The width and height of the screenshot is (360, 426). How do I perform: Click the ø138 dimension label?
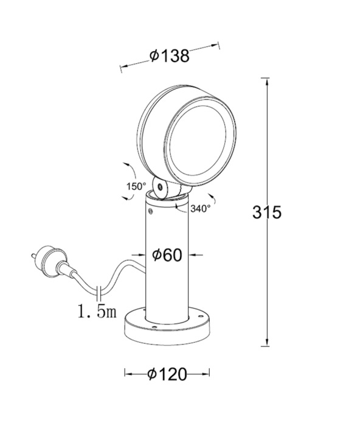pyautogui.click(x=170, y=56)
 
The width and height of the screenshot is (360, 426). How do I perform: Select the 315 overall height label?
pyautogui.click(x=267, y=213)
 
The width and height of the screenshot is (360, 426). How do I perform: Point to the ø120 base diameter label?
pyautogui.click(x=167, y=374)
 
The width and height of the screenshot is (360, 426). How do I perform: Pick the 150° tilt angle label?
pyautogui.click(x=136, y=186)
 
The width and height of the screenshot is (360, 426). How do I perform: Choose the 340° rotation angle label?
pyautogui.click(x=200, y=208)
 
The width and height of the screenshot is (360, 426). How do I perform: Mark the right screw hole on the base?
pyautogui.click(x=198, y=315)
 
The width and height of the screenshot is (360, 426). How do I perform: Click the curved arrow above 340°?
pyautogui.click(x=211, y=197)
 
